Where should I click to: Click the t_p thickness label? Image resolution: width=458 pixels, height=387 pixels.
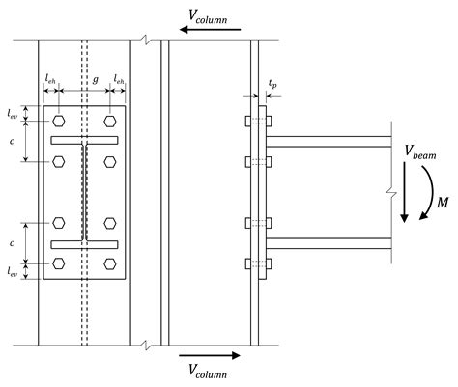point(272,83)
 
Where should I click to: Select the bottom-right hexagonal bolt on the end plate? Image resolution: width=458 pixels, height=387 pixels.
point(110,263)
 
